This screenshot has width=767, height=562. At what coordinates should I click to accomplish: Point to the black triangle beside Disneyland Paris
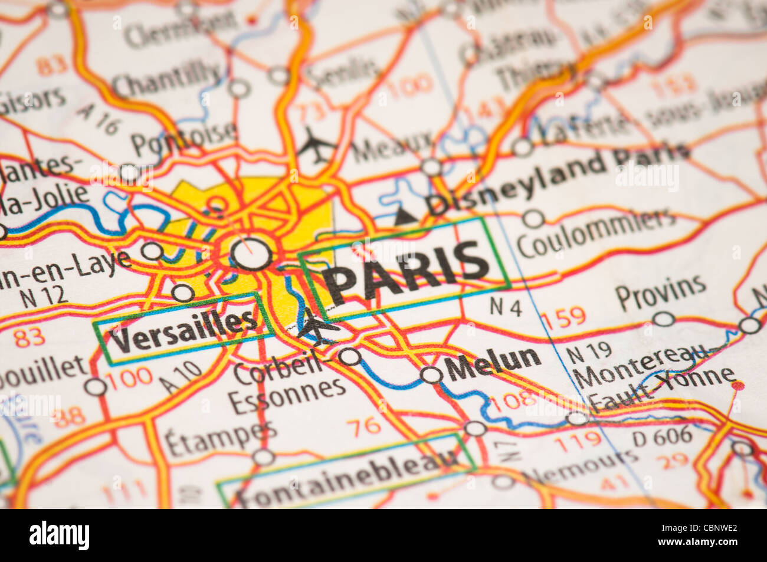(405, 216)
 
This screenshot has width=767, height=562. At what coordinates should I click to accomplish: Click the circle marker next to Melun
(431, 375)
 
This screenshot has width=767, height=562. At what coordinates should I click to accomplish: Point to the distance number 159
(563, 318)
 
